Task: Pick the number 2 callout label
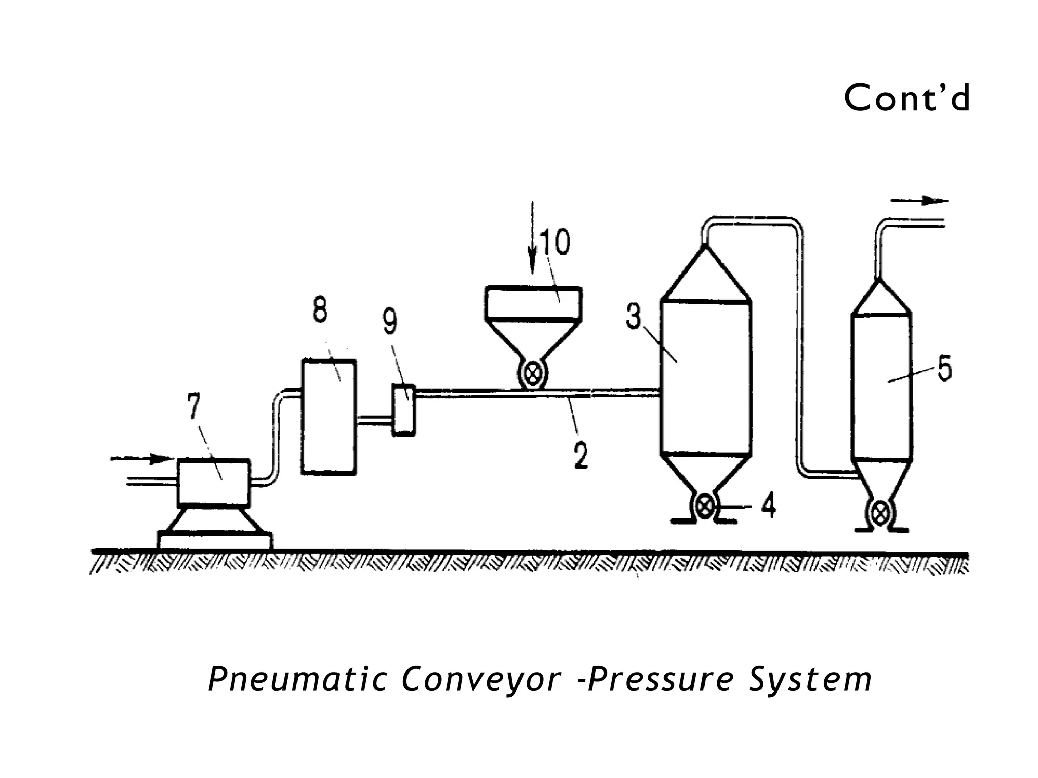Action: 581,455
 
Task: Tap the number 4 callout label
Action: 769,505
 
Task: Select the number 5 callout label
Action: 944,369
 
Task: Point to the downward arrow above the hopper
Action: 532,238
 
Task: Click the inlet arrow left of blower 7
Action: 142,459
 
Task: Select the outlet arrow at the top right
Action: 919,201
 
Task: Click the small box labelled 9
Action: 404,410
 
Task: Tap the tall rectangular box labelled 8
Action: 329,416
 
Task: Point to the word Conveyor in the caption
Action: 481,680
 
